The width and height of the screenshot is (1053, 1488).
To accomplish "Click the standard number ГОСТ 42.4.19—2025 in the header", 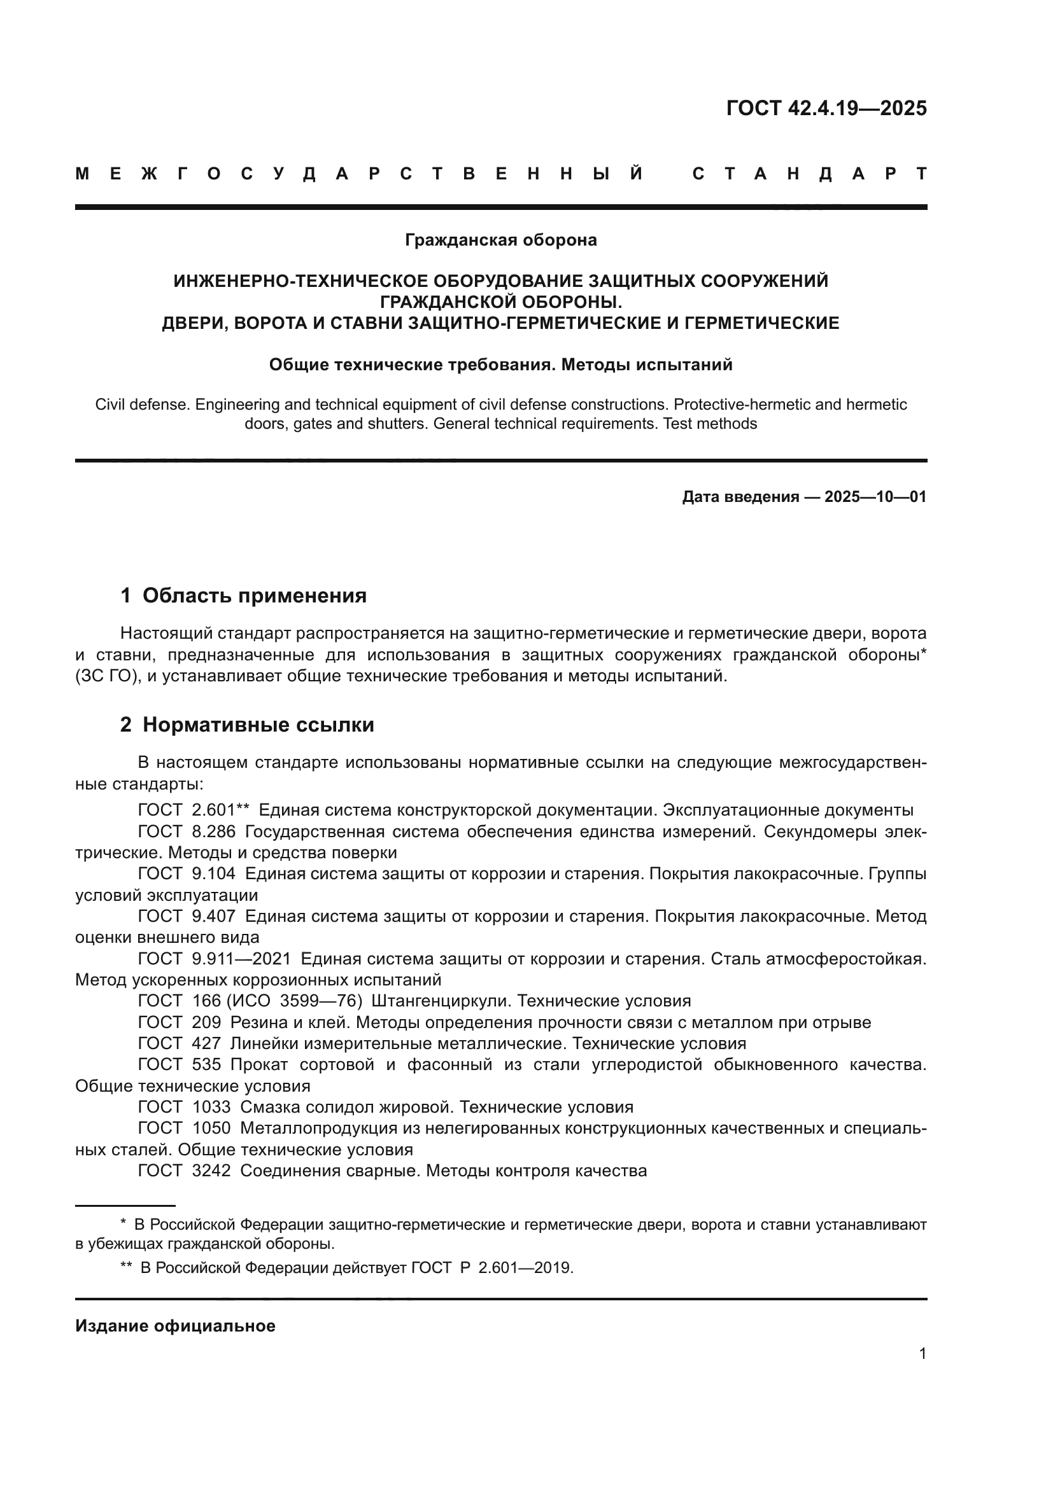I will point(826,108).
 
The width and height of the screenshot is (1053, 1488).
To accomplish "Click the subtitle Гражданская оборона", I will point(500,240).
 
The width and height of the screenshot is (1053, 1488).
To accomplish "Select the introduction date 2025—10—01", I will point(875,497).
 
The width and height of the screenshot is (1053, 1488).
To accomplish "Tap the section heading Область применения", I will point(254,595).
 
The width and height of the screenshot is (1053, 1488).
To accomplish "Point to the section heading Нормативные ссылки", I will point(258,725).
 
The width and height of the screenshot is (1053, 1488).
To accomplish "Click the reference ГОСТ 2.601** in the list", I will point(194,810).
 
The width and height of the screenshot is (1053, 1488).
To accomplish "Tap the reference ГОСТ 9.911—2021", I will point(215,959).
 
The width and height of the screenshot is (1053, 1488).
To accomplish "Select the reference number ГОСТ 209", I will point(179,1023).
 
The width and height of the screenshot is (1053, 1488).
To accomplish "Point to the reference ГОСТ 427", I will point(179,1043).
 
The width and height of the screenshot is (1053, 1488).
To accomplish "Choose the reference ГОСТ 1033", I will point(184,1107).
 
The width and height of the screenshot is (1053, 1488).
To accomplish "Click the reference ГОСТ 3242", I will point(184,1171).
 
